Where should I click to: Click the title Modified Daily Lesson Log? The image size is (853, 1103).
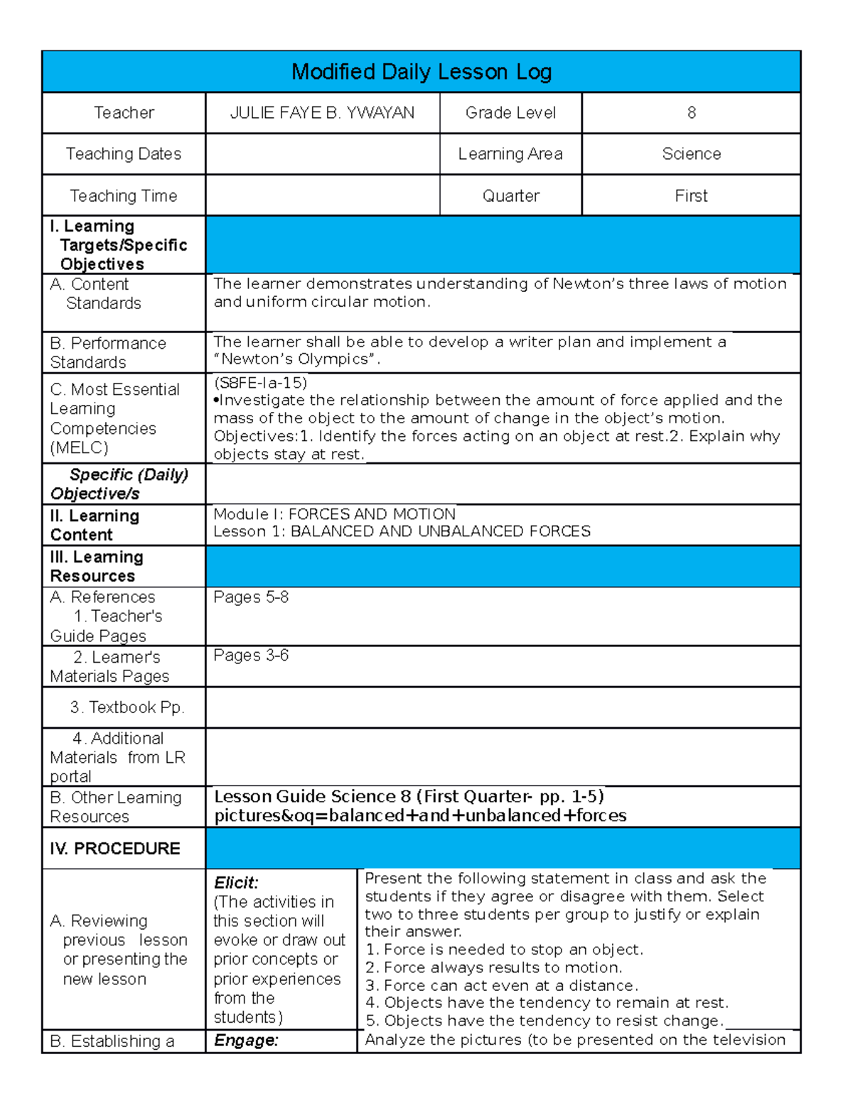(x=422, y=72)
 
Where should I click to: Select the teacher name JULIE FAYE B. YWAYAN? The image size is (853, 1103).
(x=322, y=113)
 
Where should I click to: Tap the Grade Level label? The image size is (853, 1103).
(x=510, y=113)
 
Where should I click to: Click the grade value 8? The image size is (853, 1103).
(x=691, y=113)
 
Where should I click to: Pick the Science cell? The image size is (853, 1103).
(x=691, y=154)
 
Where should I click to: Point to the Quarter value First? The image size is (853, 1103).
(x=691, y=196)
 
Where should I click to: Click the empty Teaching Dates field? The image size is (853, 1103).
(x=322, y=154)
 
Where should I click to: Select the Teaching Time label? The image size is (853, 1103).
(x=124, y=196)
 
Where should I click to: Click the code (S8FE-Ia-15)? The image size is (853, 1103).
(x=260, y=383)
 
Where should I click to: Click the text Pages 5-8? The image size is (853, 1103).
(x=251, y=597)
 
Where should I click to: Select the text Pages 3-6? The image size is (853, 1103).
(x=251, y=656)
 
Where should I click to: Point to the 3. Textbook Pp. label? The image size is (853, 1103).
(x=127, y=707)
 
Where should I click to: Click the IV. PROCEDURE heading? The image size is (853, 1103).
(x=115, y=849)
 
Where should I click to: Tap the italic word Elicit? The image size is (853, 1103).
(x=236, y=883)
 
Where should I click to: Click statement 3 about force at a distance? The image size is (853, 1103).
(x=501, y=985)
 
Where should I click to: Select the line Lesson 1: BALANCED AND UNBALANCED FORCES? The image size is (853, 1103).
(x=402, y=532)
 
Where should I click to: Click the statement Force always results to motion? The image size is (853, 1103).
(x=493, y=967)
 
